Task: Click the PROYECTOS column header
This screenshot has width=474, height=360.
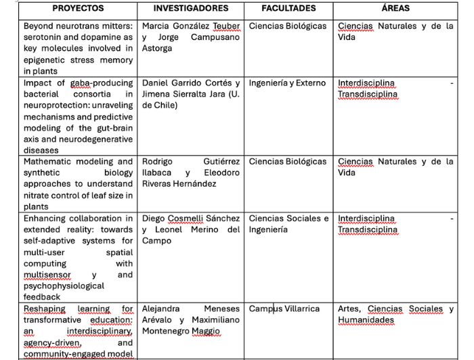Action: click(x=78, y=9)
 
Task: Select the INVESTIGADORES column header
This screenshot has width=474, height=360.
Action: click(x=190, y=9)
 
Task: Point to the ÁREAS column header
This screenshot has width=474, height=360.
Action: click(x=395, y=9)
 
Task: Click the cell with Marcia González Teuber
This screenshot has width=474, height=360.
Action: click(x=191, y=37)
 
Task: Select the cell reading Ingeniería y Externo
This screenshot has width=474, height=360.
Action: click(x=287, y=83)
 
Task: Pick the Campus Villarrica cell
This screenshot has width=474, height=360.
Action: click(x=284, y=309)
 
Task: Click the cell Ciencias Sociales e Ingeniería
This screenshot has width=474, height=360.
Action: click(x=288, y=224)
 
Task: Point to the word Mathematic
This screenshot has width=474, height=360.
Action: click(x=49, y=162)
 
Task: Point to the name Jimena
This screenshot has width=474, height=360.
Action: click(x=158, y=94)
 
